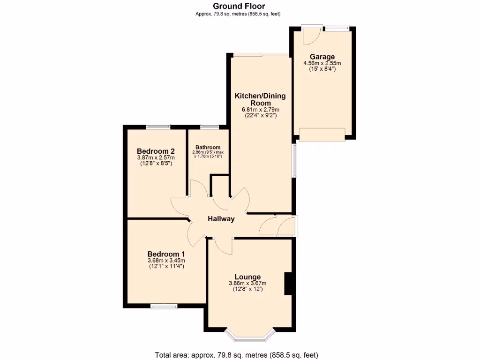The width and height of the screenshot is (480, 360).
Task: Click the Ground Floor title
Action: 239,6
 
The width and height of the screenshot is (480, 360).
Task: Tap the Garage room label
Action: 322,57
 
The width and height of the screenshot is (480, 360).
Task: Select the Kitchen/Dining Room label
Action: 260,99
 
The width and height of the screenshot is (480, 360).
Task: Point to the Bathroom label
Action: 208,147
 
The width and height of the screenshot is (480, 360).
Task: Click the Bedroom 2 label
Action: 156,151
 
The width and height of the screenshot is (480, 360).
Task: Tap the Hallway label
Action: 221,219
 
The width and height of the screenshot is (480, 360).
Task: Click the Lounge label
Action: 247,277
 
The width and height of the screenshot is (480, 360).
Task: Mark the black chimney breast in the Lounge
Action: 289,284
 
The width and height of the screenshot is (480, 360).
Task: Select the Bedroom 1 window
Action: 164,306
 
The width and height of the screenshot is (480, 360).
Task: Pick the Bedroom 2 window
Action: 158,126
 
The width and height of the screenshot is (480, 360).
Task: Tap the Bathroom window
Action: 209,126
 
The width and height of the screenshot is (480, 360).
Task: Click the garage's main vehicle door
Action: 322,135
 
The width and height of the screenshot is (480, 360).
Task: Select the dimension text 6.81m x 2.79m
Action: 260,110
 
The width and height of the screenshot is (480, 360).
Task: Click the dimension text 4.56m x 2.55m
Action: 322,63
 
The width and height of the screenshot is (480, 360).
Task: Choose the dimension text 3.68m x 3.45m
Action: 166,261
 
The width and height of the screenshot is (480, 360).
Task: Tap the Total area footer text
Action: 240,355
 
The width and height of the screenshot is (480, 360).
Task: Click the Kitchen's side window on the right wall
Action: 294,160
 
